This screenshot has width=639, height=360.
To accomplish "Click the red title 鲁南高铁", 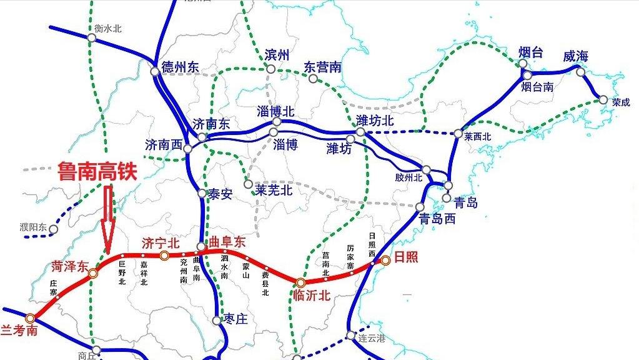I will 97,171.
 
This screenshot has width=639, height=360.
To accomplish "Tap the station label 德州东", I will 181,67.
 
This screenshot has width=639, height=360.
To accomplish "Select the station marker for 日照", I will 385,259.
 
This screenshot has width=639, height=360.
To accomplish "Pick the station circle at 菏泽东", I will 93,272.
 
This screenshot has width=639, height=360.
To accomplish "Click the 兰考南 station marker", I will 30,318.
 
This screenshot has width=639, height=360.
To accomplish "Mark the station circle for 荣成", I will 603,99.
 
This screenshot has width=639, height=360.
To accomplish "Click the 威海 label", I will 575,56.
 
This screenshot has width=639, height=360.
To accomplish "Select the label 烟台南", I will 538,87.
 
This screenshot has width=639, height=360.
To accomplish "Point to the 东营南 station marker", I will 313,79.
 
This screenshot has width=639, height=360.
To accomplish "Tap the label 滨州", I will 277,55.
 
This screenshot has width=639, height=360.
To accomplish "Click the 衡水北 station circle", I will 92,37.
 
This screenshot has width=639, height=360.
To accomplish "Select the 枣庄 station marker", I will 217,320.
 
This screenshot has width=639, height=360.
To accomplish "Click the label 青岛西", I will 437,219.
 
